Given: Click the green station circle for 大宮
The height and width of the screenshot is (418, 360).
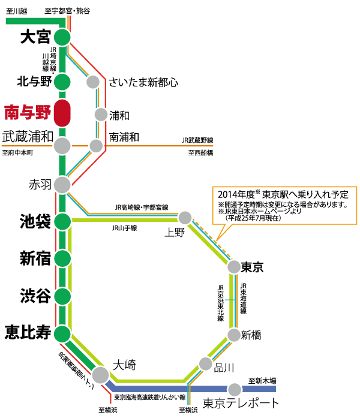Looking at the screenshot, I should (x=62, y=37).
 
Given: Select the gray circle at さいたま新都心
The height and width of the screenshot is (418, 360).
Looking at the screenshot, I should (x=93, y=82).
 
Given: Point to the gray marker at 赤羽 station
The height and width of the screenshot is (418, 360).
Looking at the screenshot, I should (x=62, y=184).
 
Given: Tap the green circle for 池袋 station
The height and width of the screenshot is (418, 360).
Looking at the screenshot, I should (x=62, y=221).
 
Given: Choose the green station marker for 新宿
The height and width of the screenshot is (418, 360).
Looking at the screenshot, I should (x=62, y=258).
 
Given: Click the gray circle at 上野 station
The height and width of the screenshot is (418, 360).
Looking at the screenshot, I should (x=185, y=218).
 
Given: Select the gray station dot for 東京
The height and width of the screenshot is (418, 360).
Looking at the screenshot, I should (x=232, y=266).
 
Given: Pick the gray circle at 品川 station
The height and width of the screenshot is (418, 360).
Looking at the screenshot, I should (x=206, y=363).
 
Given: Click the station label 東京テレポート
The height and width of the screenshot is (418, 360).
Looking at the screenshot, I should (x=241, y=402).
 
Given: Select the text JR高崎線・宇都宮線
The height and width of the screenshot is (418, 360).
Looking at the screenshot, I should (x=142, y=207).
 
